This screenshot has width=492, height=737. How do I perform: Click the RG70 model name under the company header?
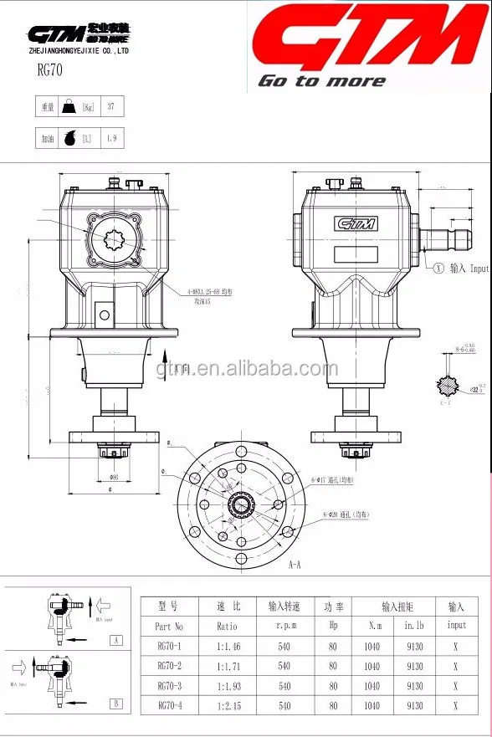pos(49,70)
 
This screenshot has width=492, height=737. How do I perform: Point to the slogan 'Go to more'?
pos(321,81)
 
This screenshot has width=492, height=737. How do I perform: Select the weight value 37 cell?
pos(111,107)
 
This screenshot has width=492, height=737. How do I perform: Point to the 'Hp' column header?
pos(333,626)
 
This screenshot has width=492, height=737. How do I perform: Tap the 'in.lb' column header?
pos(414,626)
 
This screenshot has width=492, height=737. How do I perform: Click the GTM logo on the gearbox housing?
pos(356,223)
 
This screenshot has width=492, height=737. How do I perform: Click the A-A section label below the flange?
pos(295,566)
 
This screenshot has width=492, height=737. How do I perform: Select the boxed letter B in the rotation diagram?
pos(115,703)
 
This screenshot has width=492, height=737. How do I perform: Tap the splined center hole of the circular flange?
pos(243,506)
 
